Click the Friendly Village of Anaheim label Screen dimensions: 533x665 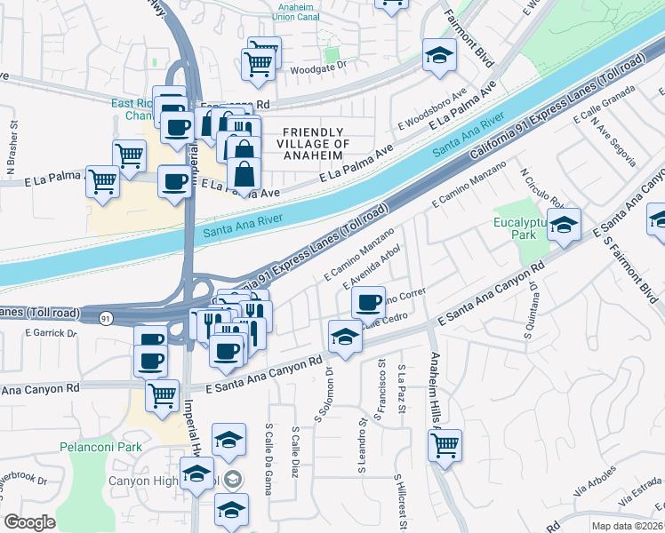click(x=313, y=137)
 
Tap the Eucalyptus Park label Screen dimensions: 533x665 click(x=516, y=228)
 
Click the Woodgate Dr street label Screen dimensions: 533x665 click(x=314, y=68)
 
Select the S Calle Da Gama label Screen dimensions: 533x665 click(x=268, y=452)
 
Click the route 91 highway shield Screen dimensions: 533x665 click(x=106, y=318)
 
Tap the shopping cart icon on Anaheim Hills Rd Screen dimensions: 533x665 click(x=445, y=444)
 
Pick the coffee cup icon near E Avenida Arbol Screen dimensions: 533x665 click(x=368, y=301)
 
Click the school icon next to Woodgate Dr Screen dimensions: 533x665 click(x=438, y=55)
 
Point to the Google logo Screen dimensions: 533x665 click(x=29, y=522)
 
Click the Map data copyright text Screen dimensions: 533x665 click(x=626, y=526)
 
